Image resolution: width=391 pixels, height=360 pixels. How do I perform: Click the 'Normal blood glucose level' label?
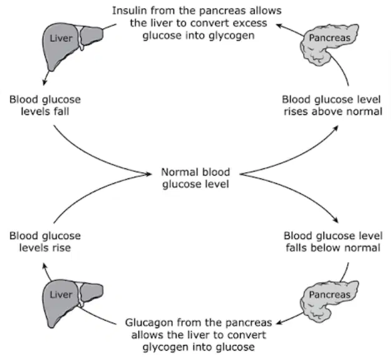(x=196, y=178)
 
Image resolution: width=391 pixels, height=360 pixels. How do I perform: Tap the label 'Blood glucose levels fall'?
(x=45, y=105)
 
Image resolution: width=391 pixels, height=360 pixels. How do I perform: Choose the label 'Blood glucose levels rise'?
(x=45, y=241)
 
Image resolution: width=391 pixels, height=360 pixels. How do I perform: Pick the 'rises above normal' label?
(x=333, y=112)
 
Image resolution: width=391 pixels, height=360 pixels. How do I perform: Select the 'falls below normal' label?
(x=333, y=248)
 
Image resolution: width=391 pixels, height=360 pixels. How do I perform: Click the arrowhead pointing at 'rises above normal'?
(x=335, y=129)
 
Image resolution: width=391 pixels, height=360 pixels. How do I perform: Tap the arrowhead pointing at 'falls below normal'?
(x=335, y=220)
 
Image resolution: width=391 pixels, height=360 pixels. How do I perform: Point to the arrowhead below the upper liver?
(x=45, y=82)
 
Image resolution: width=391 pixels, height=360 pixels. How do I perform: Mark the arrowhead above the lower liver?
(x=45, y=265)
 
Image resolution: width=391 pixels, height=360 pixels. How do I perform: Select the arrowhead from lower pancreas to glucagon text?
(x=279, y=323)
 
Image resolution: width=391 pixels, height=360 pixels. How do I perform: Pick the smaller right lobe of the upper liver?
(x=92, y=36)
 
